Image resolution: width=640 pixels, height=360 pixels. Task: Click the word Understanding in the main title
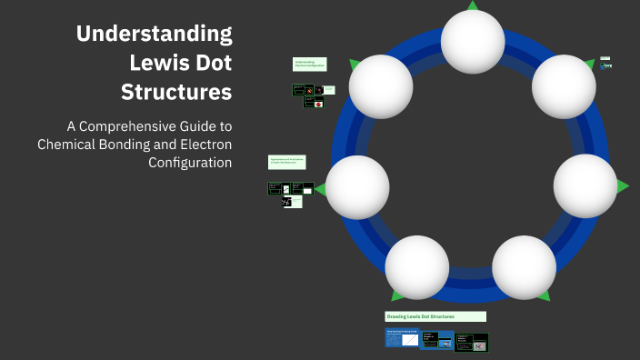tap(154, 35)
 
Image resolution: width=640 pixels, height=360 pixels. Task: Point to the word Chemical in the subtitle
tap(65, 144)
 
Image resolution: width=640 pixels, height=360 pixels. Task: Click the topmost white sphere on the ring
tap(473, 41)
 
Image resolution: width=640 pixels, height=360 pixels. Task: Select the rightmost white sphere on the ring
tap(585, 186)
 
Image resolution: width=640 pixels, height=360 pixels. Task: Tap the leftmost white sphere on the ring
tap(357, 186)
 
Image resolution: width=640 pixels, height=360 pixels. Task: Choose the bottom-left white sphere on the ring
tap(417, 267)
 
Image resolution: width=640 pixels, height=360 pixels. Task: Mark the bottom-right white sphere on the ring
tap(524, 267)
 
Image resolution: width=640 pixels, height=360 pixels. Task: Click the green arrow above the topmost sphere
tap(473, 5)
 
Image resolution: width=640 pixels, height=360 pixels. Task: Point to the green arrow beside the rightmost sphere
tap(623, 186)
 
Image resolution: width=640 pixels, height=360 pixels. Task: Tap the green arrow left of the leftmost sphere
tap(320, 188)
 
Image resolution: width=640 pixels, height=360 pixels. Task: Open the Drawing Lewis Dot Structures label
tap(435, 316)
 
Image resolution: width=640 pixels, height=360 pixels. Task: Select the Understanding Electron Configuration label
tap(309, 65)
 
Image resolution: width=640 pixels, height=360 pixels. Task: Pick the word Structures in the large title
tap(176, 92)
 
